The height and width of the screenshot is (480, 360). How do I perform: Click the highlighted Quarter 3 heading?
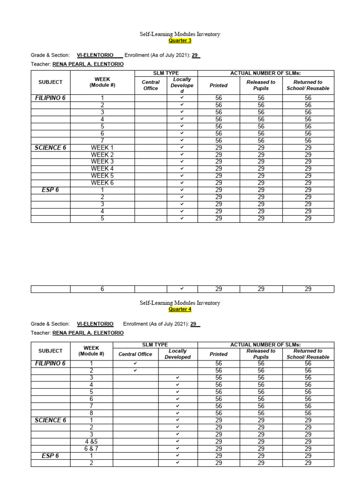tap(180, 41)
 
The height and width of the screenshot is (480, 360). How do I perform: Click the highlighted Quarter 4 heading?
tap(180, 309)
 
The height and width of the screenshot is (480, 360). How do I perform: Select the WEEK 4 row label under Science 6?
tap(102, 169)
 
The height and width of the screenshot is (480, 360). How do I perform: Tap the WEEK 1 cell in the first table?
tap(102, 148)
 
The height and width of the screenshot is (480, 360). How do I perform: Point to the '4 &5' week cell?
tap(91, 442)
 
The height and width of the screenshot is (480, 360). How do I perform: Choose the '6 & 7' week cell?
tap(91, 449)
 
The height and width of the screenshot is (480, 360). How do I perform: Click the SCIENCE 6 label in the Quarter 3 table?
tap(51, 148)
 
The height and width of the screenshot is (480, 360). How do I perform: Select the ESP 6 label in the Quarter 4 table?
tap(51, 456)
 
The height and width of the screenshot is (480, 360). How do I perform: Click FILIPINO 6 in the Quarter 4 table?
tap(51, 363)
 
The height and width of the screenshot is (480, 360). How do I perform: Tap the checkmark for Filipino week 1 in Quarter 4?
tap(135, 363)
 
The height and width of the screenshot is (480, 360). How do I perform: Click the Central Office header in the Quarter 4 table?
tap(135, 354)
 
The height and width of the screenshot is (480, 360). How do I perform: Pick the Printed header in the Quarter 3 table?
tap(218, 85)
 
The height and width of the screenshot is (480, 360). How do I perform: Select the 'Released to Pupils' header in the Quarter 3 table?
tap(261, 85)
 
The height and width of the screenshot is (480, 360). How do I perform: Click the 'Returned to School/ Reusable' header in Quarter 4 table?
tap(308, 354)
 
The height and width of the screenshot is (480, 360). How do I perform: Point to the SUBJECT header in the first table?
tap(51, 82)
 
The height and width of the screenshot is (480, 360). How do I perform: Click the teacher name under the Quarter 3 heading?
tap(88, 64)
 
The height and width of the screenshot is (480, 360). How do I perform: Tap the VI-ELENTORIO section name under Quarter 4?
tap(95, 324)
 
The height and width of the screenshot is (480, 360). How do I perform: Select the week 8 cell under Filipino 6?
tap(91, 413)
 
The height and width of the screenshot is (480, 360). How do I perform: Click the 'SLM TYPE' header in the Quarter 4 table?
tap(155, 345)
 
